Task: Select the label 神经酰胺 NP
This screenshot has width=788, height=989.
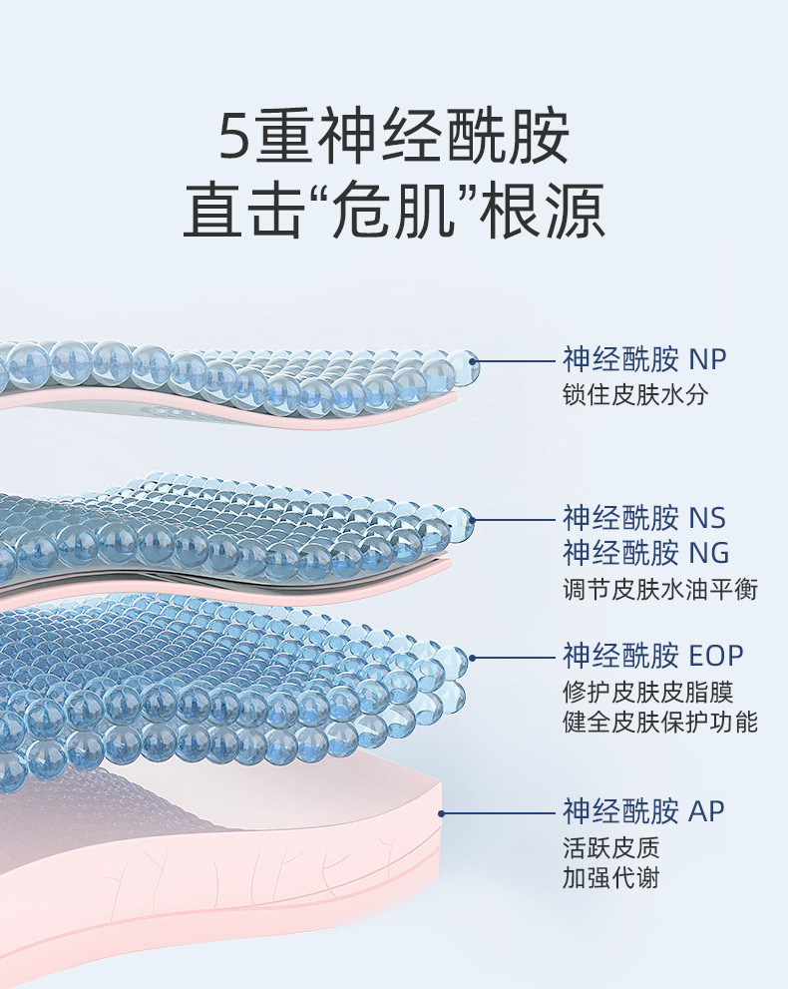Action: click(644, 358)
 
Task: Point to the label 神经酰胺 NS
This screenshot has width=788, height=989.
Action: click(644, 518)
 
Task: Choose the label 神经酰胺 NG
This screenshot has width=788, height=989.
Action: click(645, 552)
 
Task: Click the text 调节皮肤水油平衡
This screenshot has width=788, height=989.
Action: click(660, 590)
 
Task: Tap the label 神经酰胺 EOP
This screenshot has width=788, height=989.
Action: click(653, 656)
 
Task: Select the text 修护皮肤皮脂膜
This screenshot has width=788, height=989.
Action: click(648, 692)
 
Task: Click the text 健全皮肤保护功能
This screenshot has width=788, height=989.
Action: click(660, 722)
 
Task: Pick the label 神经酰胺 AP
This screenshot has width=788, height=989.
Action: click(643, 810)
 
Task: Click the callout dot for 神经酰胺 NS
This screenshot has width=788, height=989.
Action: click(473, 519)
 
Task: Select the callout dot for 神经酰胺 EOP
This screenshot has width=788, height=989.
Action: click(473, 657)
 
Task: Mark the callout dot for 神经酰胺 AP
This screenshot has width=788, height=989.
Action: click(442, 811)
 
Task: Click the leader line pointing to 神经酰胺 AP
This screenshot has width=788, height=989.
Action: click(499, 811)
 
